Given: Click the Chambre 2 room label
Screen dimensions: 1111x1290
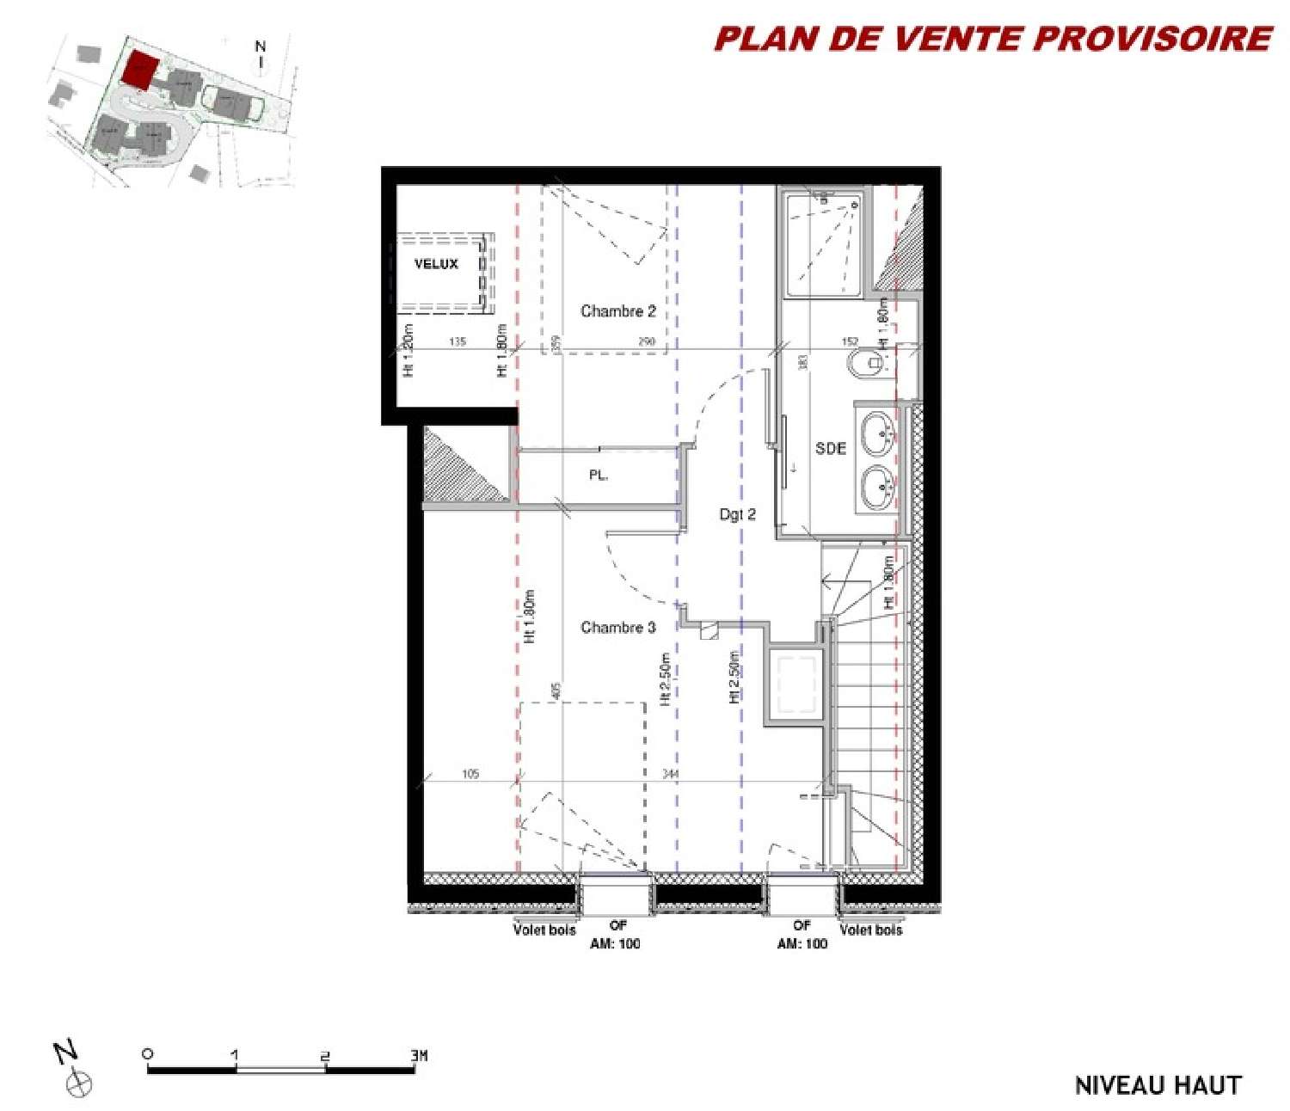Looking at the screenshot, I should (x=617, y=311).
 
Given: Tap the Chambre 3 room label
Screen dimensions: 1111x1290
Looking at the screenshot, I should (x=617, y=628).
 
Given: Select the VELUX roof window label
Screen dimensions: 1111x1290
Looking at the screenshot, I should (x=436, y=264).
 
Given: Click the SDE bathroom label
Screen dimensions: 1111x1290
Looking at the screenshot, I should (x=830, y=448).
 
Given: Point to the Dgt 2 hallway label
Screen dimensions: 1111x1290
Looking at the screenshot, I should (x=737, y=514).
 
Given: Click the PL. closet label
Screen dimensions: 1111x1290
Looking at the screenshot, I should (x=599, y=475).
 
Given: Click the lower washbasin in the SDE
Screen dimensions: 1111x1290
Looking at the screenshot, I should (x=879, y=488).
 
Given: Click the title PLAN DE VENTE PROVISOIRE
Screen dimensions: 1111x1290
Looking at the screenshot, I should (x=992, y=39).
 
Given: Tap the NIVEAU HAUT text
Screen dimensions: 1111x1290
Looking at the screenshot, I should (x=1158, y=1085).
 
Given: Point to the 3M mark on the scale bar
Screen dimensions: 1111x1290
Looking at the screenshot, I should (x=418, y=1054).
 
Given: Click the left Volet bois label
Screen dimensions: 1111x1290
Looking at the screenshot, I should (x=544, y=930).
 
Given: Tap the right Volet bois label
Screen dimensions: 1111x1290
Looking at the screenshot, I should (x=870, y=930).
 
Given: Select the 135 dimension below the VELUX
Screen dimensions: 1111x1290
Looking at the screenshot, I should (x=457, y=341).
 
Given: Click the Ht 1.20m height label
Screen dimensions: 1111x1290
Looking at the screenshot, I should (x=408, y=350).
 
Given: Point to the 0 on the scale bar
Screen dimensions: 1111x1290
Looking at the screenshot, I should (x=148, y=1054).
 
